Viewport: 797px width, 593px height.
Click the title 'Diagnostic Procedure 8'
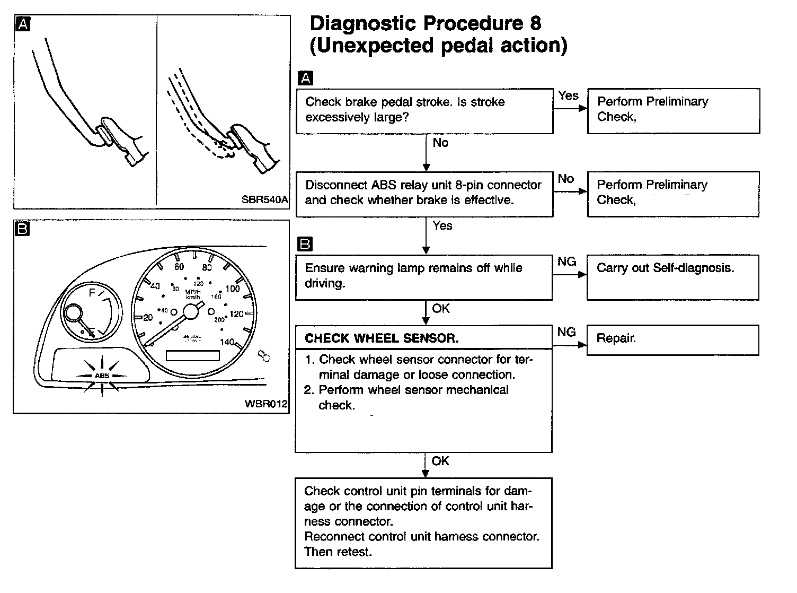pyautogui.click(x=426, y=24)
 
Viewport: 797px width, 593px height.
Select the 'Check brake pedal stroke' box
pyautogui.click(x=424, y=110)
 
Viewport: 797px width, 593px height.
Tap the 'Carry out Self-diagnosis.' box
pyautogui.click(x=673, y=277)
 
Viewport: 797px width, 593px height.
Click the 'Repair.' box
pyautogui.click(x=673, y=339)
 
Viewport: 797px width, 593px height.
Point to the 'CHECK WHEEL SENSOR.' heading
pyautogui.click(x=382, y=338)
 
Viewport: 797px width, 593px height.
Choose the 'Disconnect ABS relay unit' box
pyautogui.click(x=424, y=193)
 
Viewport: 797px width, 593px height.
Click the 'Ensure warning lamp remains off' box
pyautogui.click(x=424, y=276)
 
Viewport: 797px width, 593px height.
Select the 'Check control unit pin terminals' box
pyautogui.click(x=423, y=522)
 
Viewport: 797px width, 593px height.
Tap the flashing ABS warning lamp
pyautogui.click(x=101, y=376)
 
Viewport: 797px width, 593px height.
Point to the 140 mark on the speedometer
pyautogui.click(x=226, y=342)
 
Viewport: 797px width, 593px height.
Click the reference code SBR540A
pyautogui.click(x=264, y=200)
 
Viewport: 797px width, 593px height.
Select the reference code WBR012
pyautogui.click(x=266, y=404)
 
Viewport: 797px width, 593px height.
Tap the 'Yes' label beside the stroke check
pyautogui.click(x=568, y=96)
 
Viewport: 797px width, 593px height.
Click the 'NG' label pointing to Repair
pyautogui.click(x=566, y=332)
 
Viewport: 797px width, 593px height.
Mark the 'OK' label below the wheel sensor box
pyautogui.click(x=440, y=461)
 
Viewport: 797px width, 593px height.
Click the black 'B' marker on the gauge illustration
pyautogui.click(x=23, y=229)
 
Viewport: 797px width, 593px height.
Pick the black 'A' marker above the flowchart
pyautogui.click(x=305, y=79)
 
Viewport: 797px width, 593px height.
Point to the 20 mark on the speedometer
pyautogui.click(x=148, y=317)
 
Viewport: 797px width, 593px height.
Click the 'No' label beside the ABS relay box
pyautogui.click(x=566, y=179)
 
